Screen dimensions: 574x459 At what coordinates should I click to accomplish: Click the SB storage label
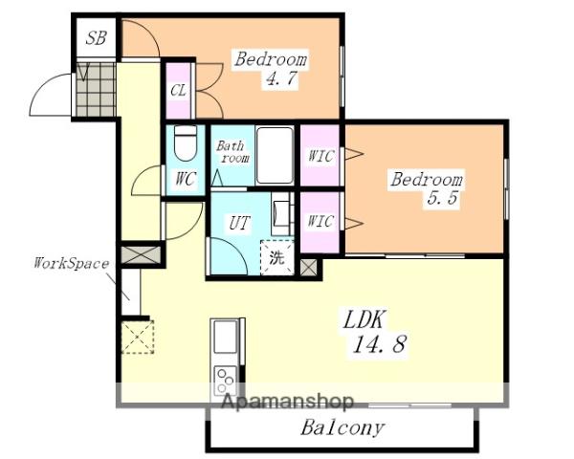click(x=97, y=38)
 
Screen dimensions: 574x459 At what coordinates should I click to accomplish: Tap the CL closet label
click(x=178, y=91)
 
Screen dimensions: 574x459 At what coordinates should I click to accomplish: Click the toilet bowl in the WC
click(x=186, y=143)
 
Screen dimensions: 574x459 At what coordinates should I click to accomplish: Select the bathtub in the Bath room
click(x=275, y=155)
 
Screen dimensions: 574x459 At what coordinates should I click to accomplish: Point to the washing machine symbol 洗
click(x=277, y=257)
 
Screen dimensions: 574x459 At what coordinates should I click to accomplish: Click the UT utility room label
click(x=239, y=223)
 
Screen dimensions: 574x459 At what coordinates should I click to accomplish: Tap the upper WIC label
click(x=321, y=156)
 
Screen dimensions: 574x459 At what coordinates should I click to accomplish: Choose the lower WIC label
click(x=320, y=221)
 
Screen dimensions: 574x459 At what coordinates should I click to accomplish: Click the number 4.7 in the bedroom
click(x=280, y=78)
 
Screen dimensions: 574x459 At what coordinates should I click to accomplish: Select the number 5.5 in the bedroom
click(x=442, y=198)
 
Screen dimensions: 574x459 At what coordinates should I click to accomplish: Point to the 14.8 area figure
click(x=379, y=344)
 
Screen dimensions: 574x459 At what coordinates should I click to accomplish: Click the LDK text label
click(x=364, y=319)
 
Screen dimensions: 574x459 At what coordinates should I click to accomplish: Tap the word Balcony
click(x=342, y=427)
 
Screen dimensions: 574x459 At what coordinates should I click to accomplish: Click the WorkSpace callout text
click(x=72, y=263)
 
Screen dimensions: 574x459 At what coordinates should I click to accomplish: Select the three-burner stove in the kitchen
click(x=225, y=379)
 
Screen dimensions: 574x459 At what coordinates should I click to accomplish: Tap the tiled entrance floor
click(x=96, y=90)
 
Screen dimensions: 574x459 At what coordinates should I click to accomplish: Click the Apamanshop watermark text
click(x=288, y=402)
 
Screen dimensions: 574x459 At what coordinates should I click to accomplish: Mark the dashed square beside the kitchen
click(x=138, y=337)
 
